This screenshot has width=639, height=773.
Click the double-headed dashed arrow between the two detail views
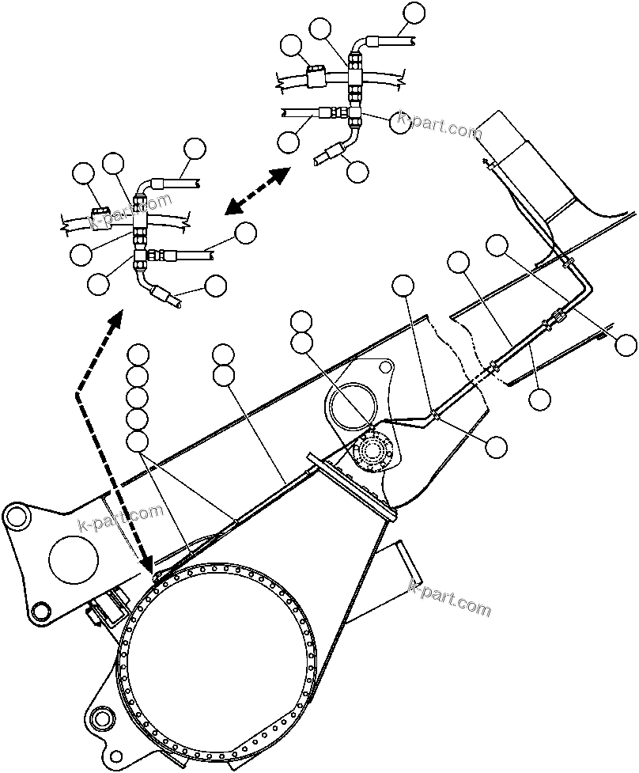(x=255, y=191)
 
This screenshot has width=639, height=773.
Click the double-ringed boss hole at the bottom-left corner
(x=100, y=719)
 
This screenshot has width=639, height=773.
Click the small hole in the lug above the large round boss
(x=384, y=367)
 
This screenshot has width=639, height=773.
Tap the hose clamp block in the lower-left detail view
(x=100, y=213)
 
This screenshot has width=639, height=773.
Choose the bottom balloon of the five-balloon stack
(x=138, y=441)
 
